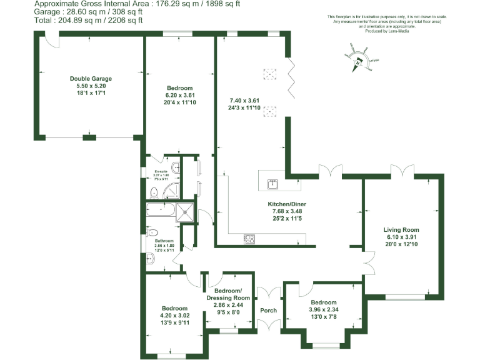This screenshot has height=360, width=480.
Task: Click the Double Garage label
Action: click(90, 79)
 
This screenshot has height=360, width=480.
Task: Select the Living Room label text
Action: click(401, 230)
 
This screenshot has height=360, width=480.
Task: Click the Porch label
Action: click(268, 311)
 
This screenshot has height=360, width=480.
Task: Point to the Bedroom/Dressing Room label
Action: click(227, 294)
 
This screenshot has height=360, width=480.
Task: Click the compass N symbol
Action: click(357, 61)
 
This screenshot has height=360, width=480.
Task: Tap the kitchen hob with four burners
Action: click(249, 238)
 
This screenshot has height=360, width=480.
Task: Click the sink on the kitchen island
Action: click(273, 184)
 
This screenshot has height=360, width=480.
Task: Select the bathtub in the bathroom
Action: click(161, 211)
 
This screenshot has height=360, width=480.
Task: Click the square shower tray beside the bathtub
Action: click(185, 211)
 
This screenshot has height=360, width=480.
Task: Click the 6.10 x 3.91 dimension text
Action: click(401, 237)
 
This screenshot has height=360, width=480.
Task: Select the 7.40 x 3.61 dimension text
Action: click(244, 100)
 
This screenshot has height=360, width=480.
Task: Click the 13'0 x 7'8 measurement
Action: click(323, 317)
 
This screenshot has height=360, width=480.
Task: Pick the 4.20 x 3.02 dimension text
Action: click(175, 316)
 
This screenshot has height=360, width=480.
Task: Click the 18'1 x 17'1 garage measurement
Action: click(90, 93)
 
